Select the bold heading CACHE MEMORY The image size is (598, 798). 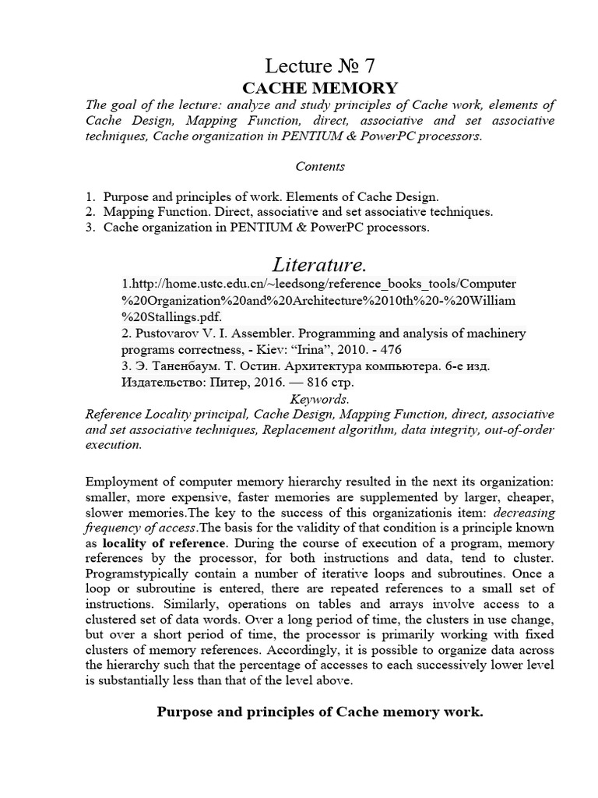(320, 88)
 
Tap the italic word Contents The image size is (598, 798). (320, 166)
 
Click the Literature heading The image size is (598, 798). (320, 265)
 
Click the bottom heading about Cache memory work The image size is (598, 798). (320, 711)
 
